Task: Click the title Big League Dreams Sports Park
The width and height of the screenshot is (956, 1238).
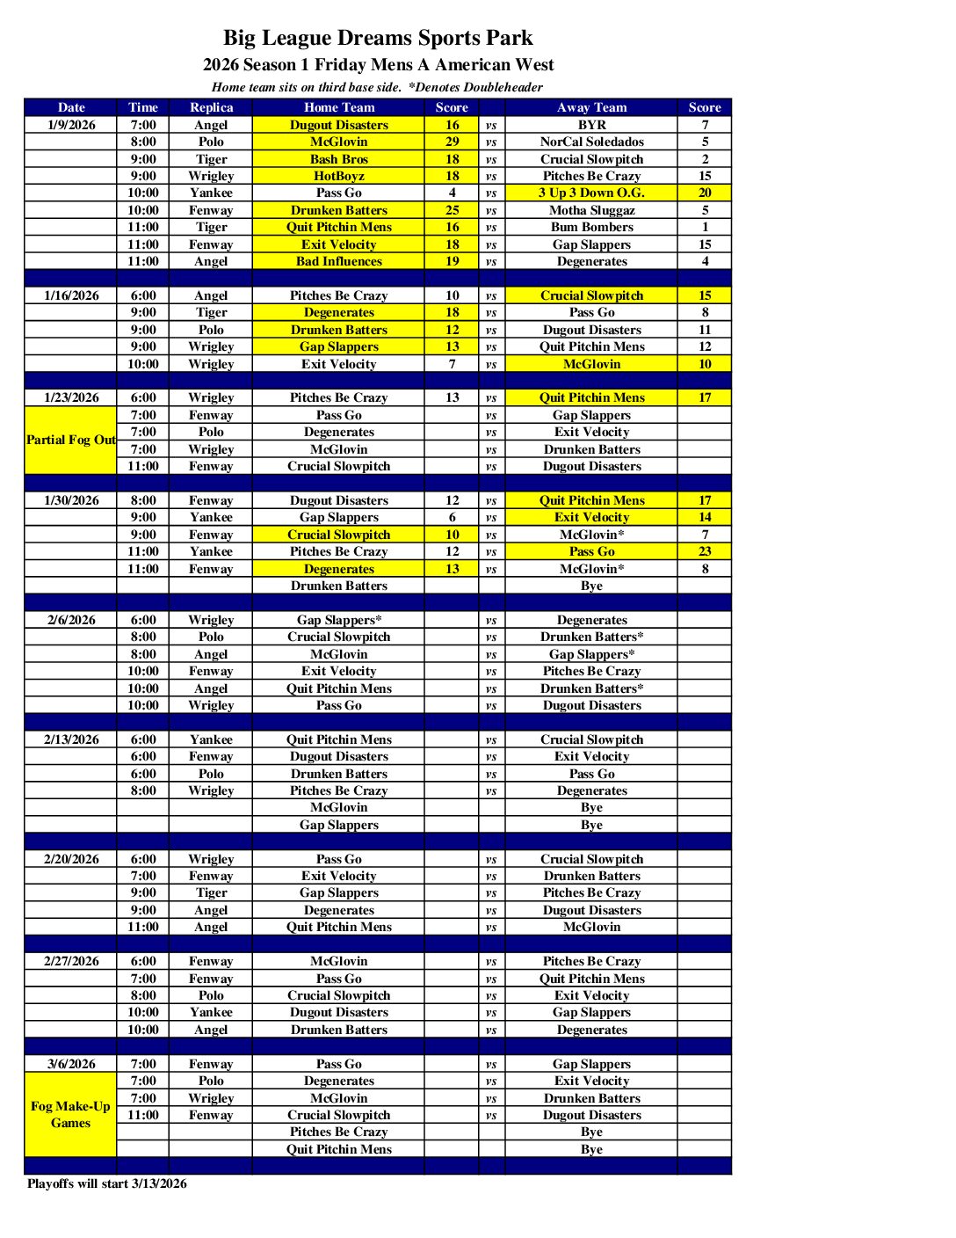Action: click(378, 38)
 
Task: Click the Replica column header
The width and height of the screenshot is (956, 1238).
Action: click(211, 107)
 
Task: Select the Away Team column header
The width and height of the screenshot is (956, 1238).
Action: click(591, 107)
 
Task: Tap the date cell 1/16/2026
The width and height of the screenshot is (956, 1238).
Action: click(71, 295)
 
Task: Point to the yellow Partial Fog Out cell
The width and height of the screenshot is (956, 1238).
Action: click(70, 440)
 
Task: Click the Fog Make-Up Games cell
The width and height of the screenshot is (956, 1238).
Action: click(70, 1114)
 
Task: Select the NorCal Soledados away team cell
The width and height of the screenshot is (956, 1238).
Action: click(591, 142)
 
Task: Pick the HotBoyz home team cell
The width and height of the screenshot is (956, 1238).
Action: click(338, 176)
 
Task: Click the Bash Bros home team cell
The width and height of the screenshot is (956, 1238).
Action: click(338, 159)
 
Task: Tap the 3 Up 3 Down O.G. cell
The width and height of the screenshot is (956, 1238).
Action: click(591, 193)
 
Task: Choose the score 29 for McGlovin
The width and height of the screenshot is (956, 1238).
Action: click(452, 142)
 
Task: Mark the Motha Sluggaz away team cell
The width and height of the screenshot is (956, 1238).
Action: click(591, 210)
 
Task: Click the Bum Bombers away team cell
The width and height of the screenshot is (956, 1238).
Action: click(591, 227)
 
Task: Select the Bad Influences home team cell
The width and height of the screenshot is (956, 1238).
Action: click(338, 261)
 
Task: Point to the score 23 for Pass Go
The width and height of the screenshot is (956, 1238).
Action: click(705, 551)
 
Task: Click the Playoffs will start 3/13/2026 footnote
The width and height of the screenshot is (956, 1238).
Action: click(106, 1183)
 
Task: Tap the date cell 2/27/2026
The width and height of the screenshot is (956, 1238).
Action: click(71, 961)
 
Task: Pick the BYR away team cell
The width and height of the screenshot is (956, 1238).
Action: click(591, 125)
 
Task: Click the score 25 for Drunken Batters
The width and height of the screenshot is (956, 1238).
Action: click(452, 210)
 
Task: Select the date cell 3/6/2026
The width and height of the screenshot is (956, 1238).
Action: click(71, 1064)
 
